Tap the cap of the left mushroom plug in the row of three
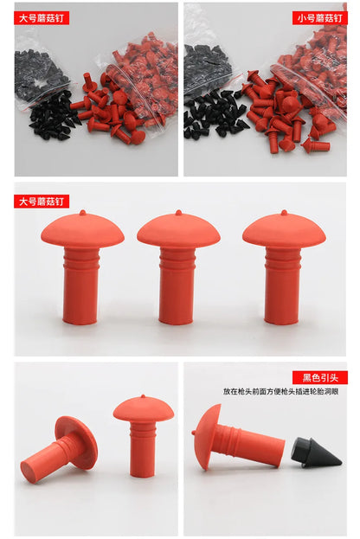click(x=82, y=229)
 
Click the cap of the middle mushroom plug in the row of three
click(x=178, y=229)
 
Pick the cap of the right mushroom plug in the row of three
click(x=284, y=229)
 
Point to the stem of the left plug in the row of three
click(x=81, y=286)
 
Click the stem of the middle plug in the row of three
click(x=178, y=286)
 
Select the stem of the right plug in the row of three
click(x=283, y=286)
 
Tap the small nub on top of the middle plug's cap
click(x=178, y=212)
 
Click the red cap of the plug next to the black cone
click(x=207, y=437)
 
